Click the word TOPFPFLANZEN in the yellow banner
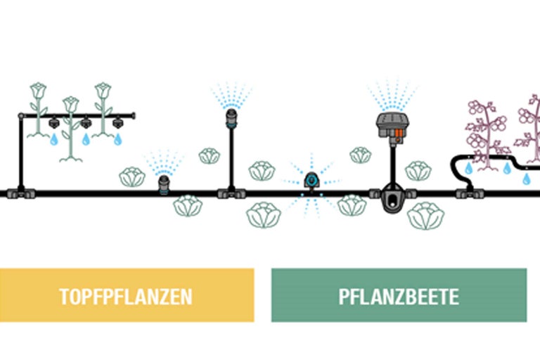click(126, 295)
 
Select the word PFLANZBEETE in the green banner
click(399, 295)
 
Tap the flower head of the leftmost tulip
click(37, 91)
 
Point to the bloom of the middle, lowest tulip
click(70, 104)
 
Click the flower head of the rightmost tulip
click(103, 91)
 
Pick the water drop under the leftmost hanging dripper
click(53, 140)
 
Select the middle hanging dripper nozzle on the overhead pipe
click(86, 124)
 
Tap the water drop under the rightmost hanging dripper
click(118, 140)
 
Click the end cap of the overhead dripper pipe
click(132, 115)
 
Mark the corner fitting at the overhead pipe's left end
click(21, 115)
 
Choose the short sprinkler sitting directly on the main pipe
click(163, 185)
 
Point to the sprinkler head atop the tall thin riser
click(230, 117)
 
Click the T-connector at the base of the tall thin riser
click(230, 191)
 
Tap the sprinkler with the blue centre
click(311, 181)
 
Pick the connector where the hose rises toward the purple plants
click(465, 191)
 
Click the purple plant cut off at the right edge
click(531, 130)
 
